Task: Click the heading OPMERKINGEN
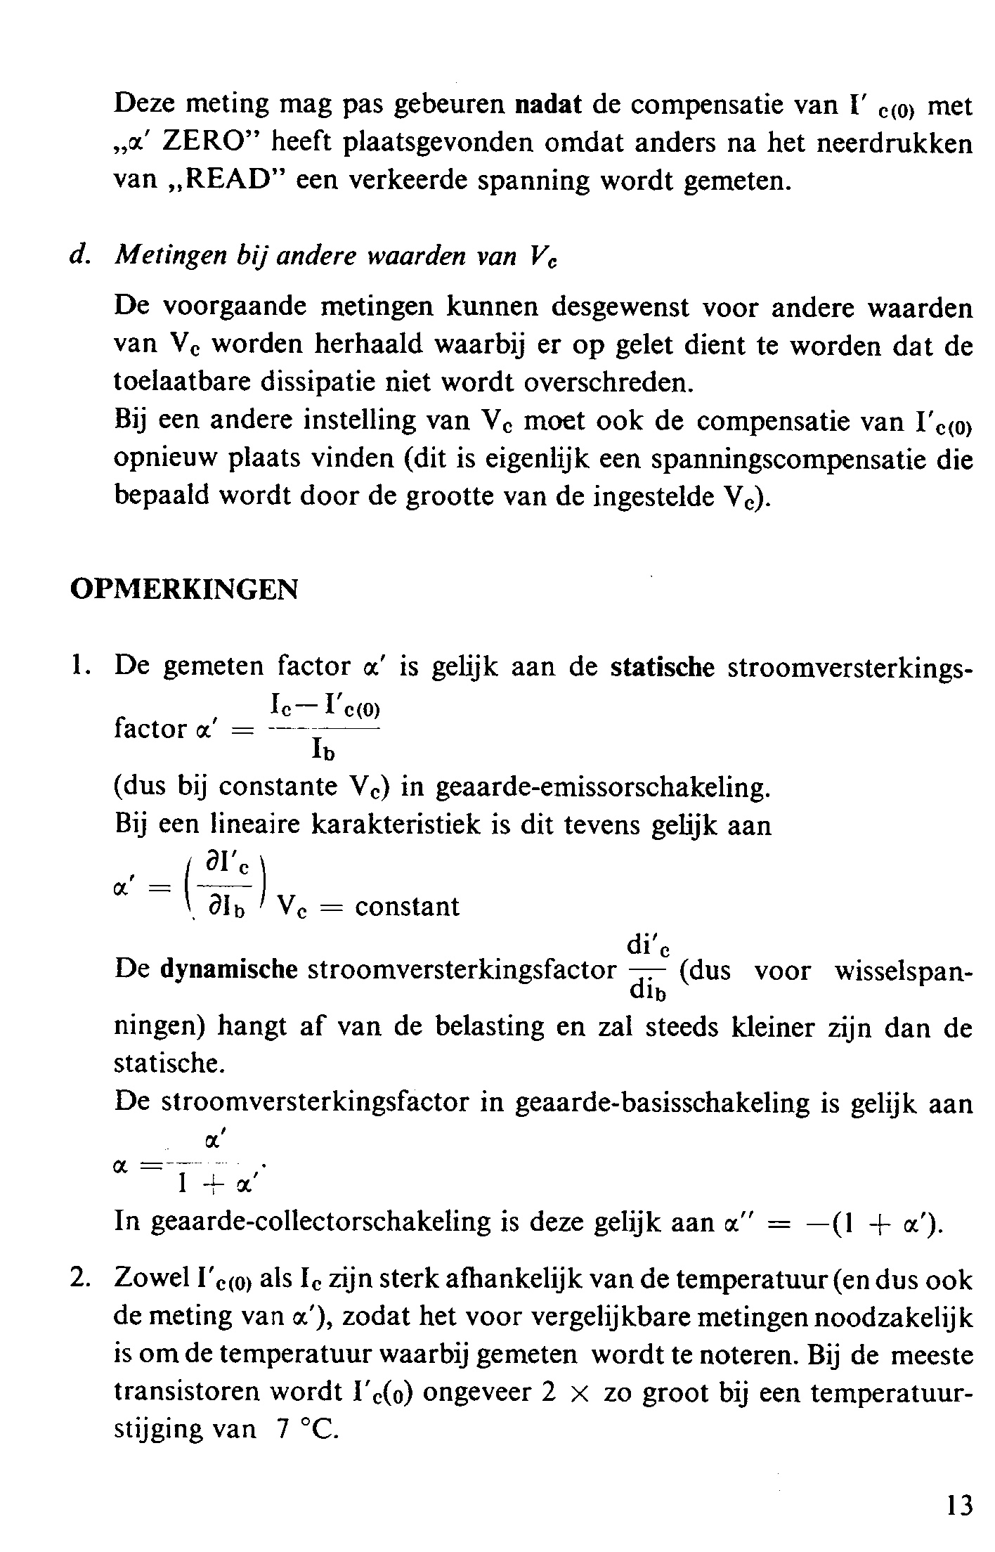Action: (184, 588)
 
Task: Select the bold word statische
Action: (662, 666)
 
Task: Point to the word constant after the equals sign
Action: (407, 906)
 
